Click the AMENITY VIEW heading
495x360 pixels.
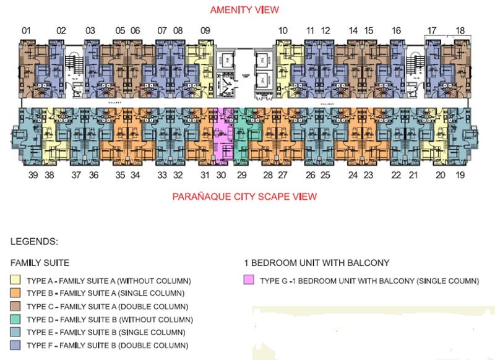coord(244,10)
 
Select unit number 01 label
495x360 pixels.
coord(26,30)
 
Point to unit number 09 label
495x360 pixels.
coord(205,30)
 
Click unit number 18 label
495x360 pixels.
coord(460,30)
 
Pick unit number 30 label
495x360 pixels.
coord(221,176)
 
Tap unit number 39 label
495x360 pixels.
coord(33,176)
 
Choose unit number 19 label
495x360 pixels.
coord(460,176)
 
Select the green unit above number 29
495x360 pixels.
coord(241,133)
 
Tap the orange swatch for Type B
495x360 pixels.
coord(15,293)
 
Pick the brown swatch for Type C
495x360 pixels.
coord(15,306)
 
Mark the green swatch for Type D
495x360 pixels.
coord(15,319)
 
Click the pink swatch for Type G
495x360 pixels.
coord(249,280)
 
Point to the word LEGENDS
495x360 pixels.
coord(34,241)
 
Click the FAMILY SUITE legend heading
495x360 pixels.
coord(40,262)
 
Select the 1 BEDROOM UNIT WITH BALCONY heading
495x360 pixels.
coord(317,262)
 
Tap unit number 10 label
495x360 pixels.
coord(283,30)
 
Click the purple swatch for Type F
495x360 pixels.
coord(15,345)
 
